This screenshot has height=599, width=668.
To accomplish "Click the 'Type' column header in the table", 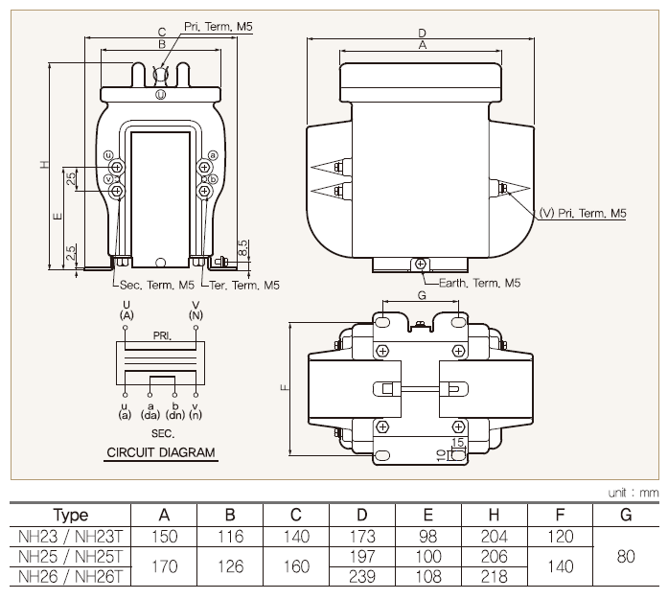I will pos(71,515).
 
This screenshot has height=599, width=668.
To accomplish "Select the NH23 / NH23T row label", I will pos(70,536).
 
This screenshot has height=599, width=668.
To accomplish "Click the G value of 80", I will pos(626,556).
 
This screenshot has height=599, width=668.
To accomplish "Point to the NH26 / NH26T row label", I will pos(70,576).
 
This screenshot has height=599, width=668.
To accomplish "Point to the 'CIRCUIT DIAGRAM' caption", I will pos(161,452).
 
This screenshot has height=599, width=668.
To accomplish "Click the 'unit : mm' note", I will pos(633,493).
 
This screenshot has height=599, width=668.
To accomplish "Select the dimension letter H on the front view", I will pos(44,165).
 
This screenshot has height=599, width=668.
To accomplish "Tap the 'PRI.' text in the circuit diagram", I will pos(161,336).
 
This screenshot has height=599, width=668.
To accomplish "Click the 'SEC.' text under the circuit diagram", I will pos(160,434).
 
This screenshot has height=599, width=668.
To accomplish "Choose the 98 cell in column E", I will pos(428,536).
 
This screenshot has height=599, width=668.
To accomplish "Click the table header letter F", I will pos(560,515).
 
